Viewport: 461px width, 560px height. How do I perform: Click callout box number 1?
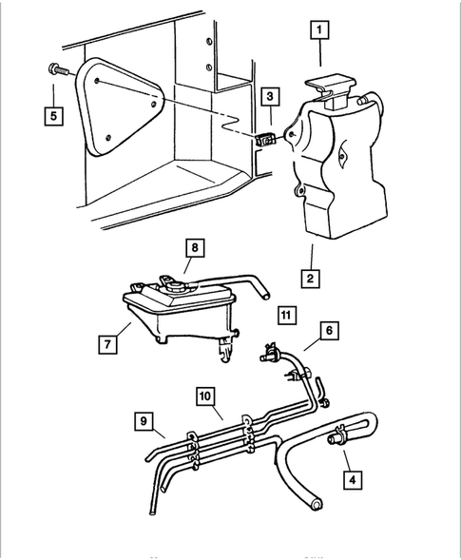point(319,32)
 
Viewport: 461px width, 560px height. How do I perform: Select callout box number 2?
point(311,279)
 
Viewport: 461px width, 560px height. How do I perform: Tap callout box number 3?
point(272,96)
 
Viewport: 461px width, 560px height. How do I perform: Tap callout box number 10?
point(206,395)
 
